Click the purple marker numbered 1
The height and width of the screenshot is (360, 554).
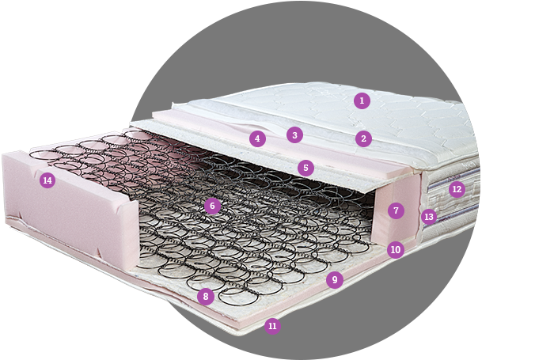point(362,100)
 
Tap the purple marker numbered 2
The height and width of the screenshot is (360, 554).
point(363,138)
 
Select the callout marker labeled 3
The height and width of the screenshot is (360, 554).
point(294,135)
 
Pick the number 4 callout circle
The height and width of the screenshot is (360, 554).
point(257,138)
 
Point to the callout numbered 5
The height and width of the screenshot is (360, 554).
point(306,168)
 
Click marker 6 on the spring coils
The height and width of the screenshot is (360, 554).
point(212,206)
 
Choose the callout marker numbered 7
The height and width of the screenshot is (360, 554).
point(396,210)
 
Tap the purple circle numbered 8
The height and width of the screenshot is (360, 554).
point(206,296)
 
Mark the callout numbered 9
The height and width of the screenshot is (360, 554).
point(335,280)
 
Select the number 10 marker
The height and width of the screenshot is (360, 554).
point(396,250)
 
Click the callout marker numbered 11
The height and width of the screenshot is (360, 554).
point(272,326)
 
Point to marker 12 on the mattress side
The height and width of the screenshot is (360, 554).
point(457,189)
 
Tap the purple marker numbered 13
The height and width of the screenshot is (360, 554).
point(429,217)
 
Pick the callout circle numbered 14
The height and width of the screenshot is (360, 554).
point(47,180)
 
